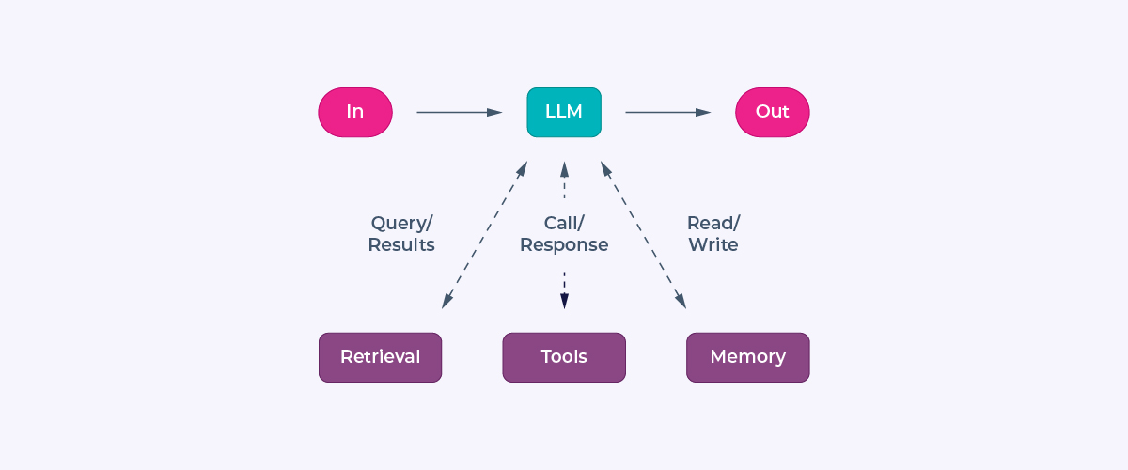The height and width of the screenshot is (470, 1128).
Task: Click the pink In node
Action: (355, 112)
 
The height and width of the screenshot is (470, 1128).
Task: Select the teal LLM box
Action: (564, 112)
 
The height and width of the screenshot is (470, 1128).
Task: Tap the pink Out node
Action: (772, 112)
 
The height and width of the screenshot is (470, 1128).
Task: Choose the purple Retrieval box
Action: (380, 357)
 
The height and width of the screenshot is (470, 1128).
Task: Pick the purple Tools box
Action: (564, 357)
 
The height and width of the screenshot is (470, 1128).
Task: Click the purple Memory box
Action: (747, 357)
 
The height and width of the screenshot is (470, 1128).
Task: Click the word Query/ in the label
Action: (401, 224)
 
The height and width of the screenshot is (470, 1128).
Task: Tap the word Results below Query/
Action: (401, 245)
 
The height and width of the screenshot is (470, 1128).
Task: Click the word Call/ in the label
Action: (564, 224)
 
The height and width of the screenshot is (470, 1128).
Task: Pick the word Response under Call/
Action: (564, 245)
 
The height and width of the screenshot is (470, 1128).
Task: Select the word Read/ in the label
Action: (713, 224)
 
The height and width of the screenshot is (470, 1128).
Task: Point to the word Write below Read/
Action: (713, 245)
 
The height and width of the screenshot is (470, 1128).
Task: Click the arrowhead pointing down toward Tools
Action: (564, 301)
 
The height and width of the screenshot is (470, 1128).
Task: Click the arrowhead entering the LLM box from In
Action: (495, 112)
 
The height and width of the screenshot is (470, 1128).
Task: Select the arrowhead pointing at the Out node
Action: (704, 112)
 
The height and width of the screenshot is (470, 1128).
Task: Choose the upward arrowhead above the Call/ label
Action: (564, 168)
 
